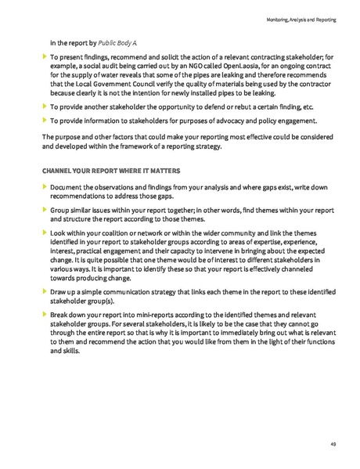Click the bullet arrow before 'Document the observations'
point(44,188)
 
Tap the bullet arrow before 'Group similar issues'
point(44,211)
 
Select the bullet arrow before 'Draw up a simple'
point(44,291)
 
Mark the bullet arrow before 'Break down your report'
point(44,312)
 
